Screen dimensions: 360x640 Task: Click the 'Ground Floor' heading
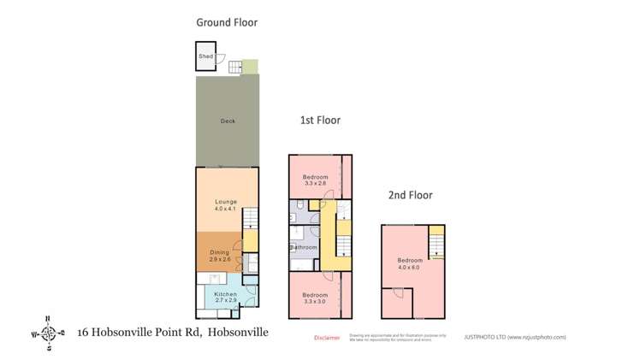point(227,22)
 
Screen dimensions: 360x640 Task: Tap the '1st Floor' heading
point(320,121)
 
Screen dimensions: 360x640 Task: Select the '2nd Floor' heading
point(409,195)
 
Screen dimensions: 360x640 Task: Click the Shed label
point(205,57)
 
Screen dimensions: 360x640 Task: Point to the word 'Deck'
point(227,121)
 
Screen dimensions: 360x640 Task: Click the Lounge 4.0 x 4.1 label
point(226,205)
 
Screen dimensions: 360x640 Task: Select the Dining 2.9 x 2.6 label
point(220,256)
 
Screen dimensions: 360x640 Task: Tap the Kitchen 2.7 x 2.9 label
point(226,298)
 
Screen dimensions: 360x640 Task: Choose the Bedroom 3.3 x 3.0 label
point(315,298)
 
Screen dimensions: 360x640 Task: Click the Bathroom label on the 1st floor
point(304,248)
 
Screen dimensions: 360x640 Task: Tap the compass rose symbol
point(49,333)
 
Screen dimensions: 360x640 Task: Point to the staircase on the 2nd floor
point(437,245)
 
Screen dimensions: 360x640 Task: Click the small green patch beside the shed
point(250,66)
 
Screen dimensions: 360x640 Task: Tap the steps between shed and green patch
point(234,65)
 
